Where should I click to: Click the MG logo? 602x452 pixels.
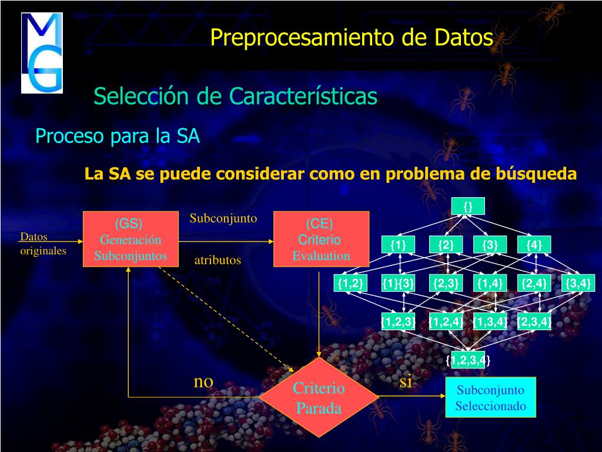tap(42, 53)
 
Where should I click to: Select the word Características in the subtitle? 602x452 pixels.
tap(303, 96)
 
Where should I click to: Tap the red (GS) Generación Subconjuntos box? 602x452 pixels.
tap(131, 240)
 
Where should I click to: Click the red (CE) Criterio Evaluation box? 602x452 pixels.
tap(321, 240)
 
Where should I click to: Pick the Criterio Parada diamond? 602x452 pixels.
tap(319, 398)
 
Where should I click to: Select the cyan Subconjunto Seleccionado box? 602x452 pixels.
tap(490, 398)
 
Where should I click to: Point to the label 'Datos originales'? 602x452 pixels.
tap(42, 244)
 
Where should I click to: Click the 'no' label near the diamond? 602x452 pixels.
tap(203, 381)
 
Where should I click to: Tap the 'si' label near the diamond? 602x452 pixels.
tap(406, 381)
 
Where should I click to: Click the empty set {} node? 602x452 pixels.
tap(468, 206)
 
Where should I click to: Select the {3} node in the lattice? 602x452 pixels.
tap(490, 245)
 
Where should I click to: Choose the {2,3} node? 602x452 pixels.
tap(445, 283)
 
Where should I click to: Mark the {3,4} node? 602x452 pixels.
tap(577, 283)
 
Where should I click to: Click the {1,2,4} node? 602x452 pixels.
tap(445, 321)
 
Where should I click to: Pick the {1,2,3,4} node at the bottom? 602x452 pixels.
tap(468, 360)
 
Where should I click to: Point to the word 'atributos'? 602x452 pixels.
tap(218, 260)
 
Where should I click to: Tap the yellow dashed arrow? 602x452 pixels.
tap(226, 318)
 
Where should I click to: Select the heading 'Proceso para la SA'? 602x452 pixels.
tap(118, 137)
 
